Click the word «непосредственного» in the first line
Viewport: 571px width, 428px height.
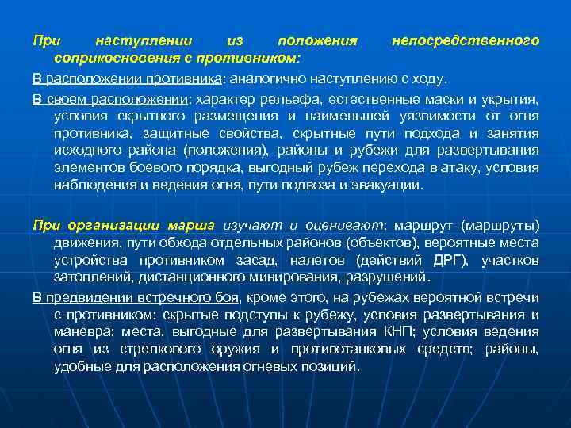point(466,40)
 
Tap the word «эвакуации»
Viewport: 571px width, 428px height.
point(389,185)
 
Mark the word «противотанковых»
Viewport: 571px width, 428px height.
point(331,350)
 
